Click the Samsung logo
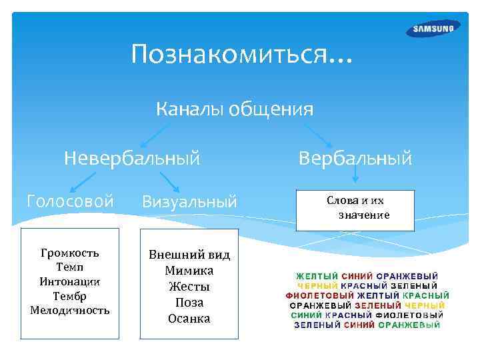tap(433, 29)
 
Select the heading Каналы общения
tap(235, 108)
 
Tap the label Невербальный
tap(132, 158)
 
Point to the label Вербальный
tap(355, 158)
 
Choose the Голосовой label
tap(69, 201)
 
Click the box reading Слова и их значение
tap(355, 209)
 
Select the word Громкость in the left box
tap(69, 253)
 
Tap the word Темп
tap(69, 267)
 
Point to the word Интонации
tap(69, 281)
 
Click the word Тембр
tap(69, 296)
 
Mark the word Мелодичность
tap(69, 311)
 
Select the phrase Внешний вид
tap(189, 255)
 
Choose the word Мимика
tap(189, 271)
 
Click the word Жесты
tap(189, 287)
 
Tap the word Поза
tap(189, 302)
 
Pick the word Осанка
tap(189, 318)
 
